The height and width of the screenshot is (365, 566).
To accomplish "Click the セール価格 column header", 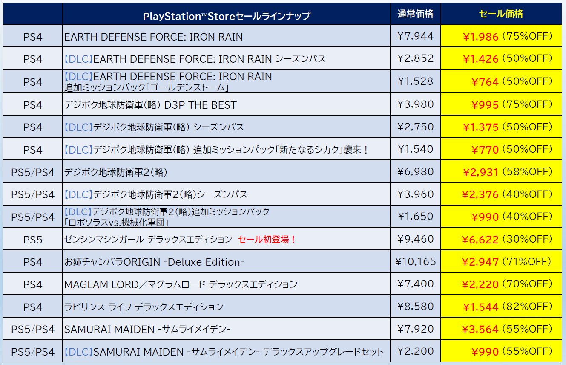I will click(x=501, y=14).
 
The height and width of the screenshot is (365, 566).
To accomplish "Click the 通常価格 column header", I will click(x=415, y=14).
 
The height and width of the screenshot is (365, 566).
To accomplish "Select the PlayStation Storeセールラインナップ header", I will click(x=227, y=17).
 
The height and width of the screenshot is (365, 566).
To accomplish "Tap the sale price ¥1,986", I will click(x=480, y=37).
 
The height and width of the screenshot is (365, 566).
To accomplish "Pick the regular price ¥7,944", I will click(x=415, y=36).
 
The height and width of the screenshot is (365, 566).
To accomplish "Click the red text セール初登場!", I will click(x=267, y=239).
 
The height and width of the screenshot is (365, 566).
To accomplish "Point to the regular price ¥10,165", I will click(x=415, y=261).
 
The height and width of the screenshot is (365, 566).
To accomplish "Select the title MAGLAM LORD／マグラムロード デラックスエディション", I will click(x=181, y=284).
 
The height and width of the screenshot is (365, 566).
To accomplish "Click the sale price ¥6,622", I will click(x=480, y=239).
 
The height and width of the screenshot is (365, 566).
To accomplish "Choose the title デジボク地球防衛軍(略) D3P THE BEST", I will click(x=150, y=105).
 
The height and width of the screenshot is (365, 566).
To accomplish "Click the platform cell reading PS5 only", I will click(x=33, y=240).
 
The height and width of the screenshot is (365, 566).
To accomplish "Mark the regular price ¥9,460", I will click(x=415, y=239).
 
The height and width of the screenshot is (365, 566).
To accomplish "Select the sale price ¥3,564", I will click(x=480, y=329).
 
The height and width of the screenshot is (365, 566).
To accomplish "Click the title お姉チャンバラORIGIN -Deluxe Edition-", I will click(x=154, y=262).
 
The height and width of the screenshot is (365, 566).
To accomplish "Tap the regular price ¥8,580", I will click(x=415, y=306).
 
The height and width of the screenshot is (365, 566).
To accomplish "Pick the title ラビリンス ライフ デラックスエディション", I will click(x=144, y=307).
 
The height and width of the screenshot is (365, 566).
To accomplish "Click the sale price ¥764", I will click(x=485, y=81).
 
